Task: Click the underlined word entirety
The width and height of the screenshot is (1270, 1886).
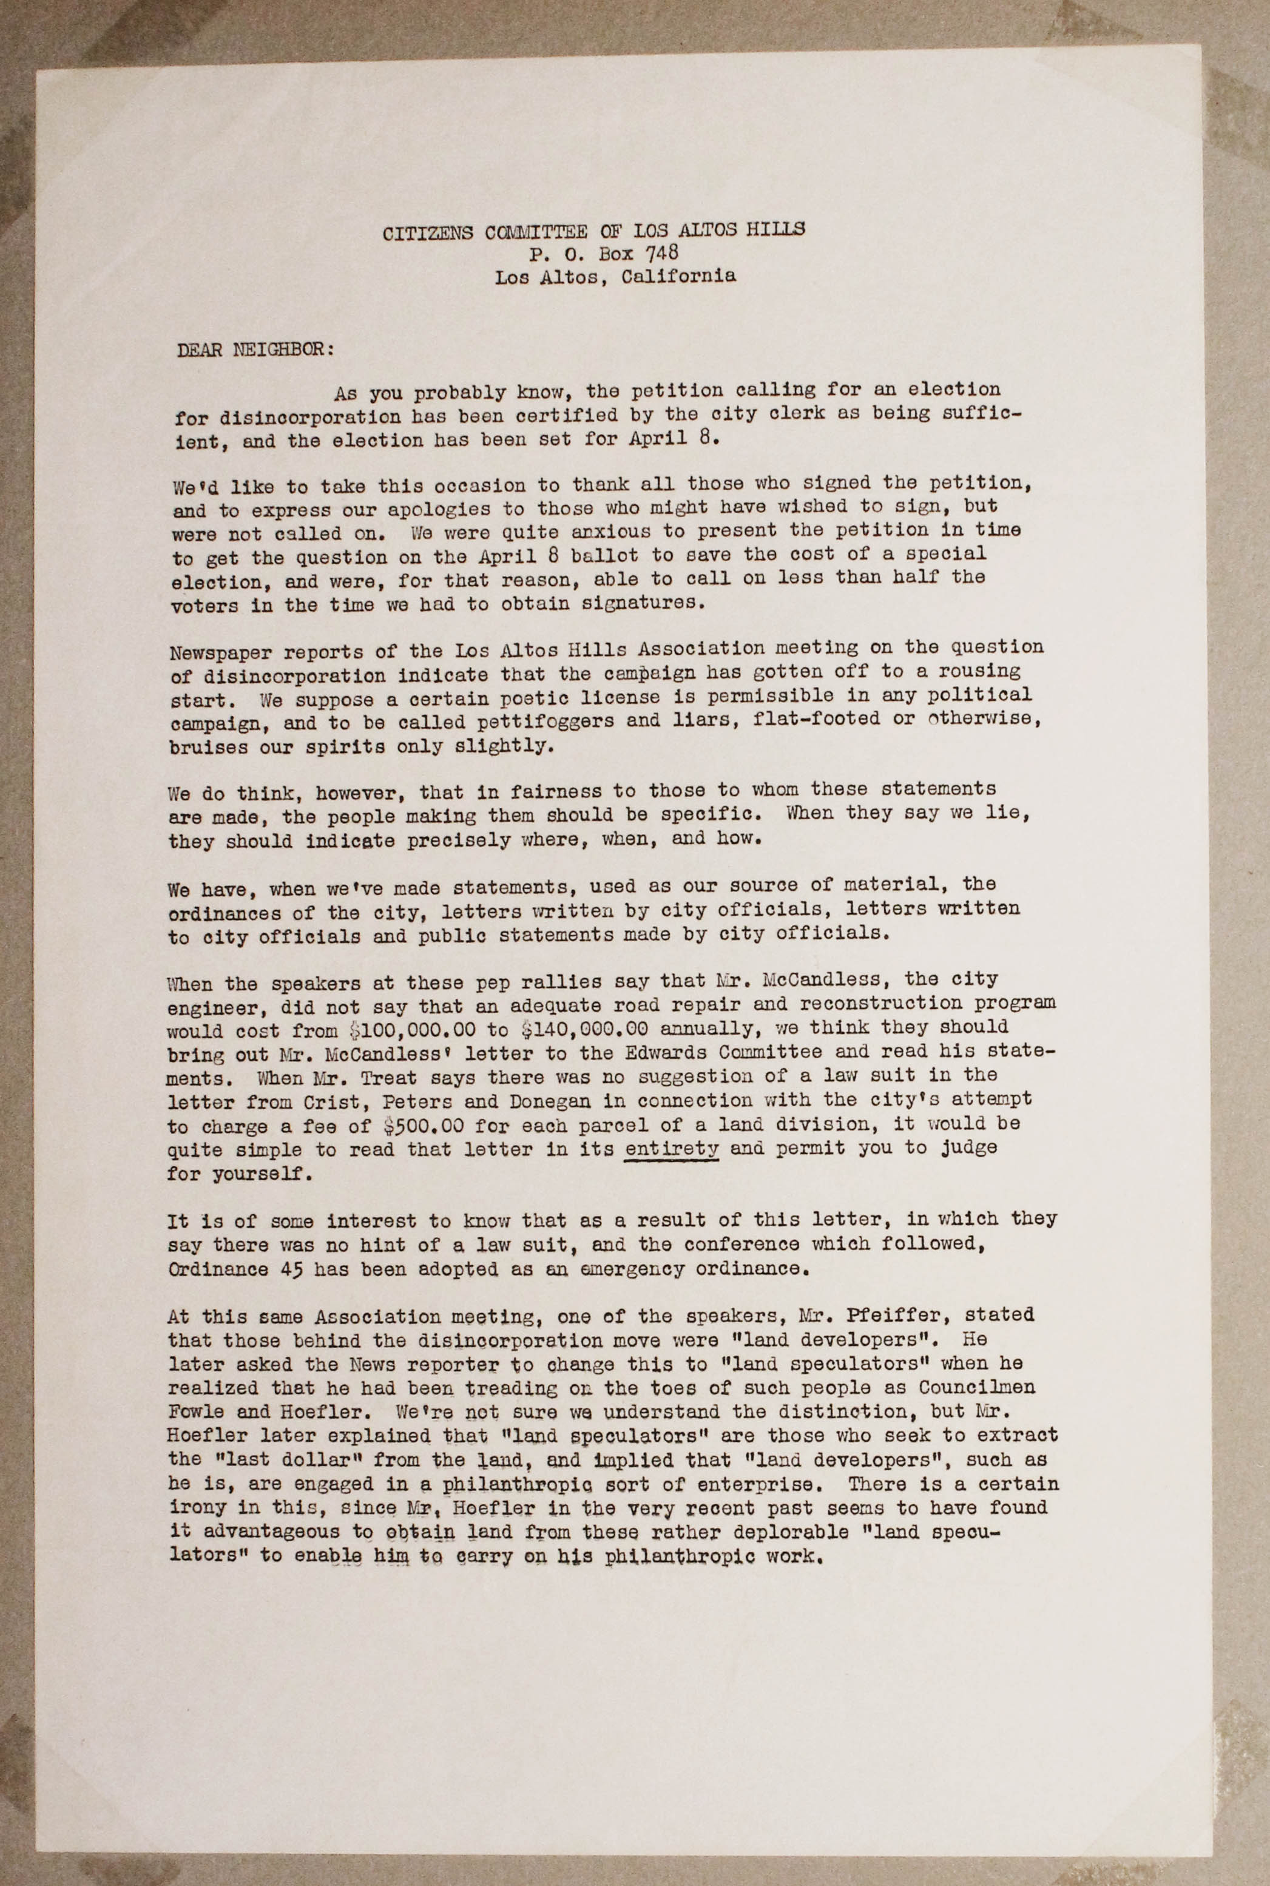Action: tap(672, 1148)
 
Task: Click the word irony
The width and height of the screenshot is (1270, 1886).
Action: tap(195, 1508)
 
